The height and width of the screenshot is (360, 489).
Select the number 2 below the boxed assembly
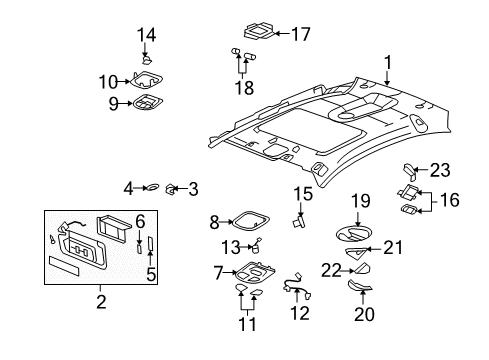100,299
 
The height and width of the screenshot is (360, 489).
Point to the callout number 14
146,35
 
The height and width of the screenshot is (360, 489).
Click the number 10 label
108,80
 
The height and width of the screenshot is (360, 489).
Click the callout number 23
440,170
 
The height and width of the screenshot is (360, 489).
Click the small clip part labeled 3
172,187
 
